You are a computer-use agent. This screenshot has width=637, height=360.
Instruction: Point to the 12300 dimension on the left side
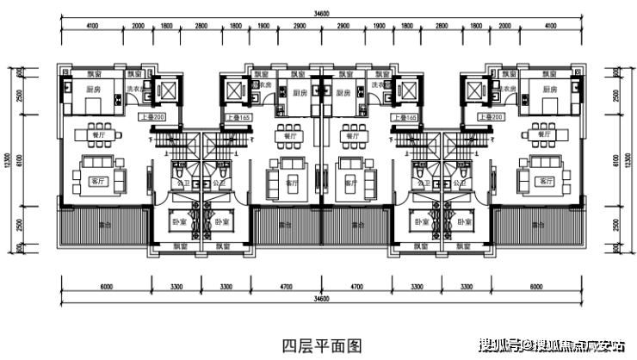[x=8, y=160]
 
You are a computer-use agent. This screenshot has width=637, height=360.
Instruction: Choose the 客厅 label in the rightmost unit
[x=544, y=183]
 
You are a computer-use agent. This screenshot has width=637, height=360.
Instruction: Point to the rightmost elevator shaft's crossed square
[x=473, y=91]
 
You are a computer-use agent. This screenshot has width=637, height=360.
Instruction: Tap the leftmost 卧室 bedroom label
[x=179, y=222]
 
